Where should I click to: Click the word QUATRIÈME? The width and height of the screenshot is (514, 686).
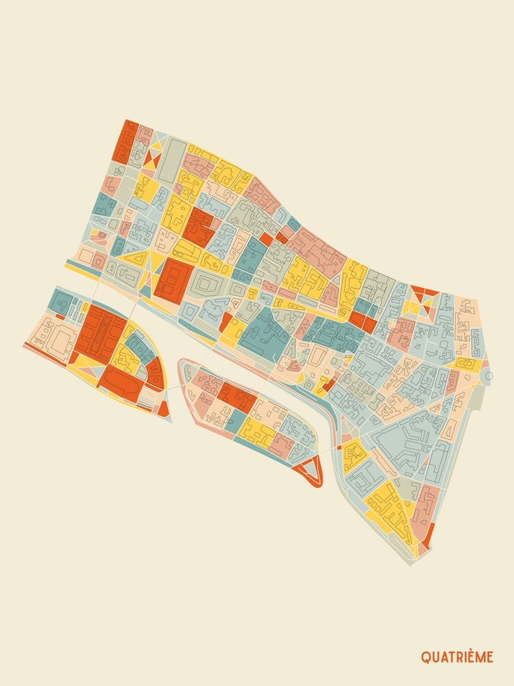pyautogui.click(x=456, y=657)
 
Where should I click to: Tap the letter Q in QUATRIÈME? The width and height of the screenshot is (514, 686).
pyautogui.click(x=425, y=657)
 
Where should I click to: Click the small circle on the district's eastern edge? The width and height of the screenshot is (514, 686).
pyautogui.click(x=489, y=376)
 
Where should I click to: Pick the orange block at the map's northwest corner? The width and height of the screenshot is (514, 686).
pyautogui.click(x=126, y=141)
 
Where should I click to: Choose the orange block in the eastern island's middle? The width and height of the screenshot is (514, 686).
pyautogui.click(x=238, y=397)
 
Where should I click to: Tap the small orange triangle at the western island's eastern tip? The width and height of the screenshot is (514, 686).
pyautogui.click(x=163, y=407)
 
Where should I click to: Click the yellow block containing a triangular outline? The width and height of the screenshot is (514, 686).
pyautogui.click(x=136, y=259)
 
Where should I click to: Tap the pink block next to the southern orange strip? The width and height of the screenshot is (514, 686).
pyautogui.click(x=425, y=508)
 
